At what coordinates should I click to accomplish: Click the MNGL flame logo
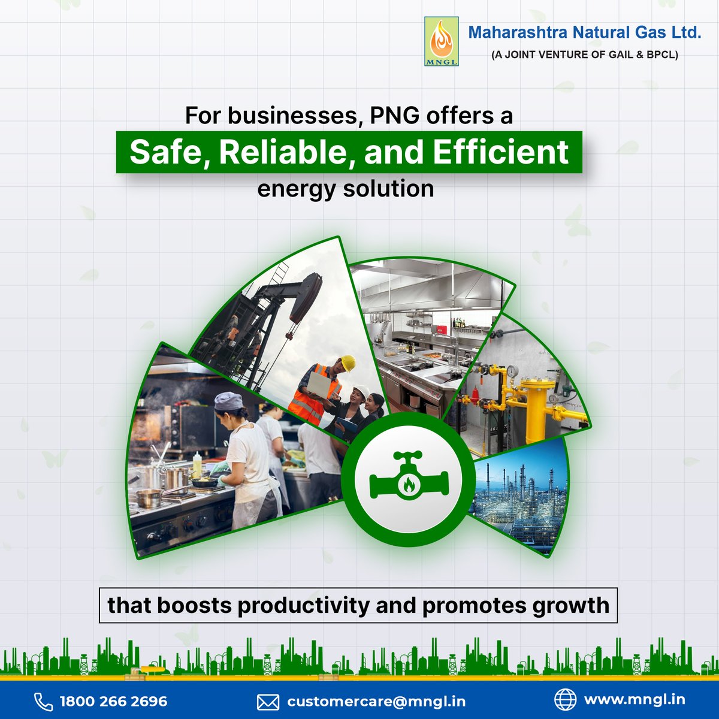pos(441,41)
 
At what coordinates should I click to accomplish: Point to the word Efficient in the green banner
pos(500,152)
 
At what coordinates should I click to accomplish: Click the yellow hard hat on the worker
pos(348,362)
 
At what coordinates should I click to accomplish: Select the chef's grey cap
pos(228,401)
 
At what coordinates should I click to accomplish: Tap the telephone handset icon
pos(43,702)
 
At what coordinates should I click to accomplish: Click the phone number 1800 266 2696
pos(114,701)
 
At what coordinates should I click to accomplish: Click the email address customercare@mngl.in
pos(376,701)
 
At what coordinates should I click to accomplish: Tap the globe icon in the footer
pos(564,699)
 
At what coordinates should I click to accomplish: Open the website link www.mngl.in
pos(634,699)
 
